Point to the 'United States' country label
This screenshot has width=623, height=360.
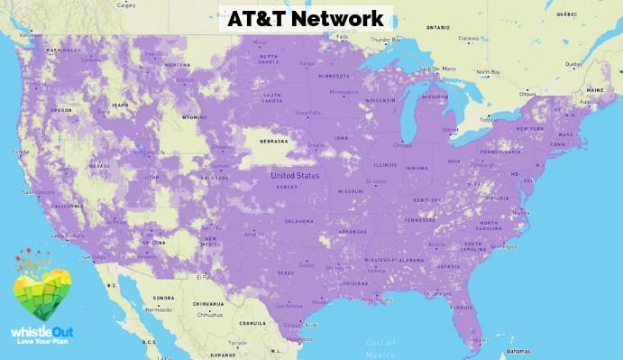pyautogui.click(x=296, y=175)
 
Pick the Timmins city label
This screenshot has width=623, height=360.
pyautogui.click(x=467, y=39)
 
